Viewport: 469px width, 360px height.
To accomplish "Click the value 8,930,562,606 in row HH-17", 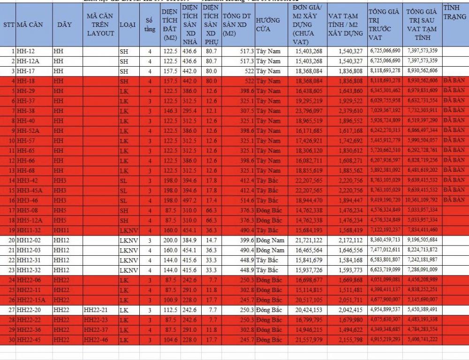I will click(x=422, y=70).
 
